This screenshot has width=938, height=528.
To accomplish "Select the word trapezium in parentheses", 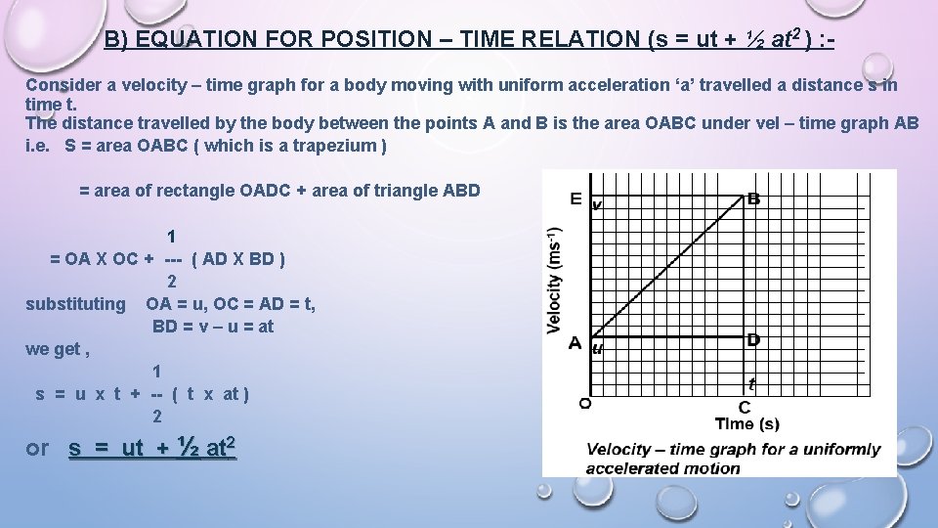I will coord(332,146).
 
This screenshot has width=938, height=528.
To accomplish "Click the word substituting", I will coord(75,304).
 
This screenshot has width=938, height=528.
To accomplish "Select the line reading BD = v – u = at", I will coord(213,327).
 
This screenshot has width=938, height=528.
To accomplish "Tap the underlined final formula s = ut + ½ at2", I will coord(152,448).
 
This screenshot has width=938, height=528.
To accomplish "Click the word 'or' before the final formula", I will coord(37,448).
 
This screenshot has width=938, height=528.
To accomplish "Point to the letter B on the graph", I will coord(753,199).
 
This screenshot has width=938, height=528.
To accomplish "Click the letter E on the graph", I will coord(576,199).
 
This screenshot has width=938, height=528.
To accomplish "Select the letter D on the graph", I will coord(753,339).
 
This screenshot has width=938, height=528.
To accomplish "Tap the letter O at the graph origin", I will coord(584,402).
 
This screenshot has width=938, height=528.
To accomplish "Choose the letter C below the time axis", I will coord(745,407).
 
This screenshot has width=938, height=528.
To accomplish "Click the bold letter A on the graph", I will coord(576,343).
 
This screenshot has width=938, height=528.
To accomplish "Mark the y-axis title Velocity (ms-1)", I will coord(554,279).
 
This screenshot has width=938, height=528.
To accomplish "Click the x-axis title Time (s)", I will coord(746,423).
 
